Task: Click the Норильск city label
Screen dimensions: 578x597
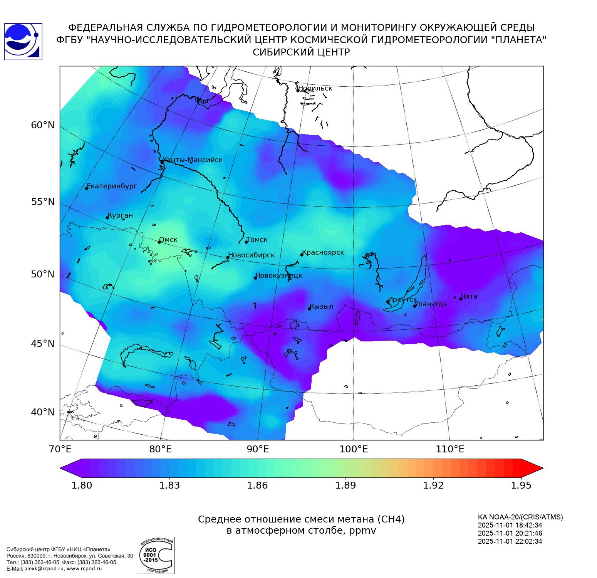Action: click(315, 88)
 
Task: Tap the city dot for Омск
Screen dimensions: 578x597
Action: click(159, 242)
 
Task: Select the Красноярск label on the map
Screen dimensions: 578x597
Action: click(323, 252)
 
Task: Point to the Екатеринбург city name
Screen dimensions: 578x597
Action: click(112, 186)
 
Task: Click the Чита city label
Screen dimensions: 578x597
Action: click(469, 296)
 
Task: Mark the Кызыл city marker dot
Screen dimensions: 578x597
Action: click(309, 309)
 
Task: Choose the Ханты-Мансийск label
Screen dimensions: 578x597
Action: click(192, 160)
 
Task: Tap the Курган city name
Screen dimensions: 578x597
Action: click(120, 215)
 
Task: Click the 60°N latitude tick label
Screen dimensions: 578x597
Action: click(43, 125)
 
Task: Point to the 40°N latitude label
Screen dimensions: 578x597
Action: click(43, 412)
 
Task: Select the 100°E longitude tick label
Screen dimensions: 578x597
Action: click(354, 449)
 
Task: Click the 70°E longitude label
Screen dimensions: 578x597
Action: click(60, 449)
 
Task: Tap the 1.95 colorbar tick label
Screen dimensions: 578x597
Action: click(521, 485)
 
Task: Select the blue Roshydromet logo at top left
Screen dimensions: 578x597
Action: click(23, 42)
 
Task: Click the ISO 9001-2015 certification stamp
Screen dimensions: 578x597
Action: click(156, 555)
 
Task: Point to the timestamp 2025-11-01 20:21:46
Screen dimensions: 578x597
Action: click(510, 533)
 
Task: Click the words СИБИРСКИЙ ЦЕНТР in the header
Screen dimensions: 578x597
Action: click(301, 52)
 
